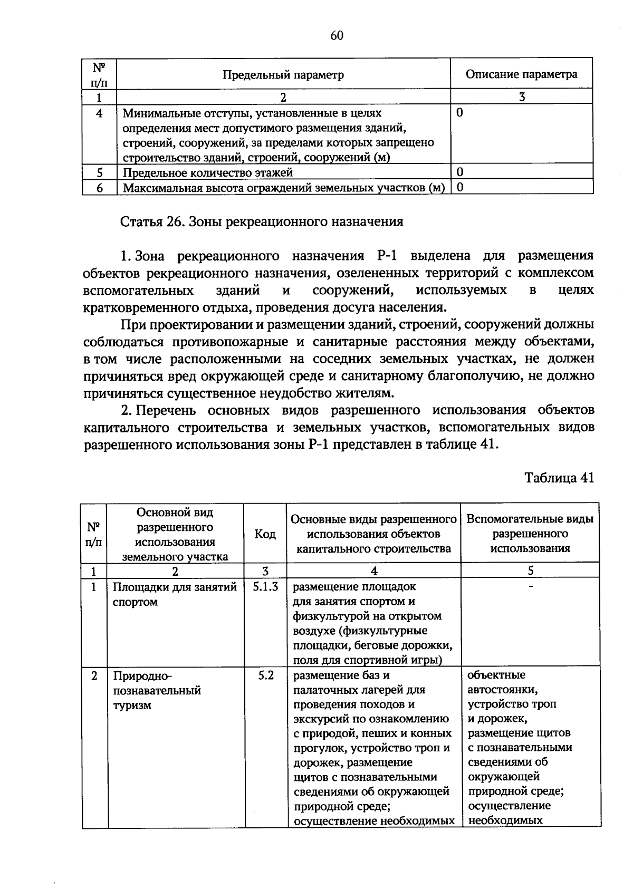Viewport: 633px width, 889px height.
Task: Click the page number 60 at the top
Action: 337,35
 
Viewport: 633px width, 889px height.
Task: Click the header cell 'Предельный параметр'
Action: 283,74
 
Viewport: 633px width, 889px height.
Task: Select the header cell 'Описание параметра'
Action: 521,74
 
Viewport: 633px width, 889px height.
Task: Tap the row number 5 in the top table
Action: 99,172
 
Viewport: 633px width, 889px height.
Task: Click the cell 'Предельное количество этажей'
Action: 208,172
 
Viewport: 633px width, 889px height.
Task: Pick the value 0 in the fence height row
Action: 460,187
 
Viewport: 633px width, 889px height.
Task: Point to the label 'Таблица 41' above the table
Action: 559,478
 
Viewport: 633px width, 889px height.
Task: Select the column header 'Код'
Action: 265,534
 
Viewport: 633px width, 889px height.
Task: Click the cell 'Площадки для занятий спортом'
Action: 174,594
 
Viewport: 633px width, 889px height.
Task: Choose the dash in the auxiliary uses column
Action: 531,586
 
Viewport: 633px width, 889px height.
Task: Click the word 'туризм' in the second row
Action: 132,705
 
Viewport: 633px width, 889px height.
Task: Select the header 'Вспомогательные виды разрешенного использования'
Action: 530,533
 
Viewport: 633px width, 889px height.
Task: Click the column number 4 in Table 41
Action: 373,571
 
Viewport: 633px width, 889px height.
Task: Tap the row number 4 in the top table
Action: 99,113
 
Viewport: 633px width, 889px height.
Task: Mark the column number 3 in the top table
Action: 521,97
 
